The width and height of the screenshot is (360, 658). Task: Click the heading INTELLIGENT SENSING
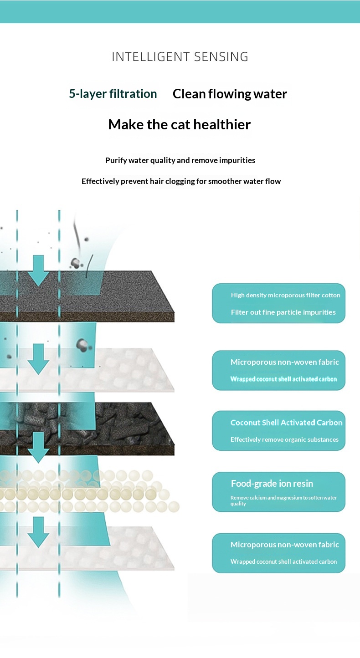(180, 57)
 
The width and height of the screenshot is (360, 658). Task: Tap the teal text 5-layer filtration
(113, 94)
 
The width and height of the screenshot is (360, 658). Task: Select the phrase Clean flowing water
(230, 94)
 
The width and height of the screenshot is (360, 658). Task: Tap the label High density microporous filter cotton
(285, 295)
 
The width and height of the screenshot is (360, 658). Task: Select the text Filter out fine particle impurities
(283, 312)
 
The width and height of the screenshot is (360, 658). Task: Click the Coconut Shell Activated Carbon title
(287, 423)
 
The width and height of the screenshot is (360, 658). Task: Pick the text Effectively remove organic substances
(284, 439)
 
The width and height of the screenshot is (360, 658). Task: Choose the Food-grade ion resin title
(272, 484)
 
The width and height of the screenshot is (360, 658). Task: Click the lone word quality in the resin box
(238, 504)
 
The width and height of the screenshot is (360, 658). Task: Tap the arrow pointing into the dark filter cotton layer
(38, 270)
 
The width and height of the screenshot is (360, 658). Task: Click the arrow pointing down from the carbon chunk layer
(38, 447)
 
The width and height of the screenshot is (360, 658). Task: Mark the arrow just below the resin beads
(38, 532)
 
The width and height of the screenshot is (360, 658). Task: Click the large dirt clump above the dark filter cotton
(76, 263)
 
